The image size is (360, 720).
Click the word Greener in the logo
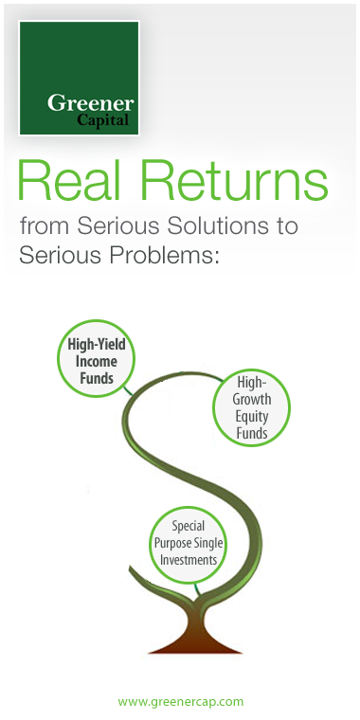point(91,103)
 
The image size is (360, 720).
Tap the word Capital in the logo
point(104,120)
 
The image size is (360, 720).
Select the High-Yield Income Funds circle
point(96,361)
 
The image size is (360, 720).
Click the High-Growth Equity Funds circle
point(251,407)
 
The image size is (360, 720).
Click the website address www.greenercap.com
point(180,702)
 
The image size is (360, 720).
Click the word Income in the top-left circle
point(97,361)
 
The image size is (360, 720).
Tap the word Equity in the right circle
point(253,417)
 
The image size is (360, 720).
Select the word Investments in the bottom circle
point(189,560)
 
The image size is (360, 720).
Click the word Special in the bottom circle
point(189,526)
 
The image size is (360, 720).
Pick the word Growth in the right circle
point(253,399)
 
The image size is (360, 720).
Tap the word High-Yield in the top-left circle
point(97,345)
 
